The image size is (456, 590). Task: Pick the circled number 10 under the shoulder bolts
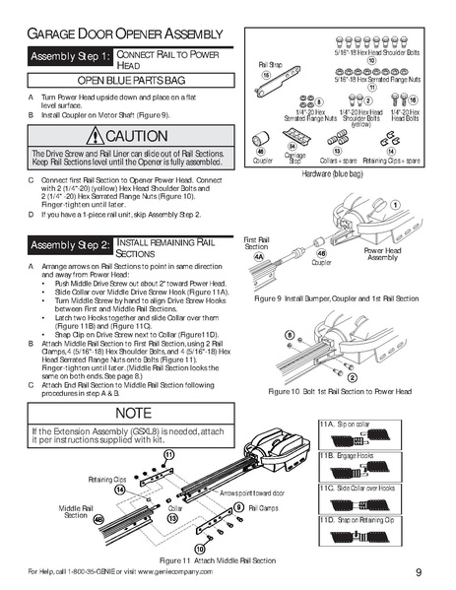[x=372, y=60]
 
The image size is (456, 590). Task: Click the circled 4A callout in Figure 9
[x=259, y=253]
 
